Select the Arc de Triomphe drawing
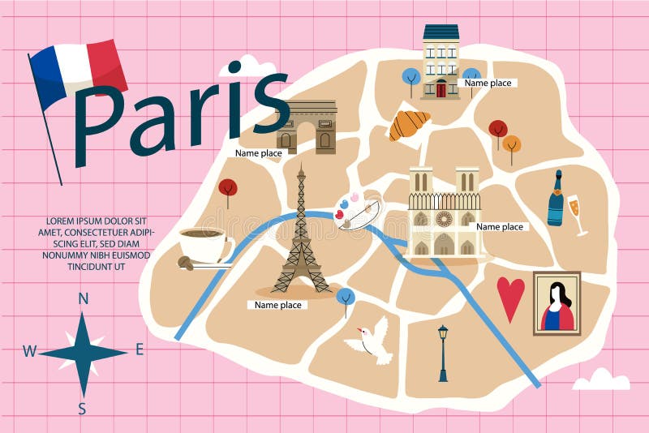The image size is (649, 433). (x=307, y=126)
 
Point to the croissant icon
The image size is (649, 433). (x=409, y=125)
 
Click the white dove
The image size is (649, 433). (x=370, y=340)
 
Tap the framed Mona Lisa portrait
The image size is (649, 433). (x=557, y=303)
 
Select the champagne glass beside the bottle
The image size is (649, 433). (x=578, y=213)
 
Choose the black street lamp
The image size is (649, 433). (x=442, y=352)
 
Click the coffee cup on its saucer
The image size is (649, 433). (x=203, y=243)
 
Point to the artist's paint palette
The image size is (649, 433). (x=357, y=213)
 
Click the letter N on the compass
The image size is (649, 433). (x=83, y=298)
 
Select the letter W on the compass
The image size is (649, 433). (x=29, y=351)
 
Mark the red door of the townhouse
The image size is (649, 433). (x=441, y=89)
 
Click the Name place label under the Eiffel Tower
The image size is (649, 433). (x=278, y=305)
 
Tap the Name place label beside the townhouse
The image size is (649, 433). (x=488, y=83)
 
